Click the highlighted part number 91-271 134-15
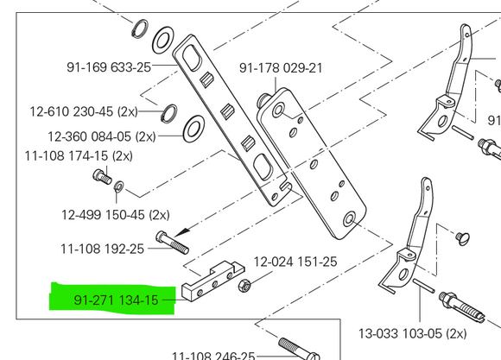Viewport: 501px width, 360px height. [x=117, y=300]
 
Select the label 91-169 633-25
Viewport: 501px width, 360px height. [x=108, y=66]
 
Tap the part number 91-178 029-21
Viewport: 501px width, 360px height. [x=281, y=67]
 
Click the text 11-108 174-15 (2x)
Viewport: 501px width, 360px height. [x=79, y=155]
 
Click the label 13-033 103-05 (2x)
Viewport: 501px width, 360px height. [x=412, y=332]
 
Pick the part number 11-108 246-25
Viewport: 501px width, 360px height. [x=213, y=355]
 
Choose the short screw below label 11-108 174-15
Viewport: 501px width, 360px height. [x=99, y=179]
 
